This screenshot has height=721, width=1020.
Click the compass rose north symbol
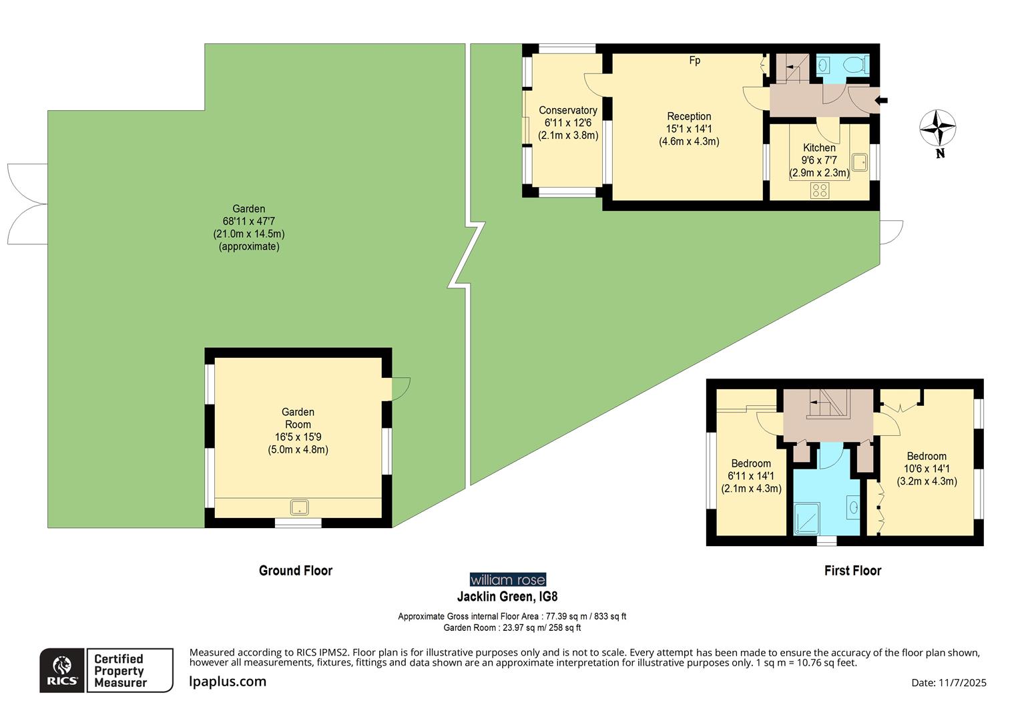(x=937, y=128)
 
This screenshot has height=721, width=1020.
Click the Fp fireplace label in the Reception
(x=694, y=61)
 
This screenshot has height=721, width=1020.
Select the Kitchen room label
(x=819, y=148)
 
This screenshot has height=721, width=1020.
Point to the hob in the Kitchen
(x=820, y=190)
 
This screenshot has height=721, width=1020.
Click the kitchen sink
(x=859, y=162)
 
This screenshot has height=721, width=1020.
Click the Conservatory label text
(x=567, y=110)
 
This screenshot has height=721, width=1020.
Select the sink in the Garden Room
(x=300, y=508)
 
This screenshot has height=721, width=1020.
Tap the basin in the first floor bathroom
(x=854, y=507)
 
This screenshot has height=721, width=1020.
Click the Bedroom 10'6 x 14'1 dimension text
(x=927, y=469)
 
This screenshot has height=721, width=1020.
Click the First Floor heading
(x=852, y=570)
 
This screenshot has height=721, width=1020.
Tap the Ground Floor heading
(x=296, y=570)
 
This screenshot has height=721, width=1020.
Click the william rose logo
(x=507, y=579)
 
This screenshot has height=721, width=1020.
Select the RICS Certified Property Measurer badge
(x=106, y=670)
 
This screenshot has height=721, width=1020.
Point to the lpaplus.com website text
(x=228, y=682)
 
